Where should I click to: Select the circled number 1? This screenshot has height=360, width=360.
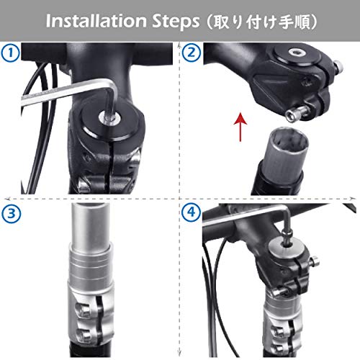tap(10, 53)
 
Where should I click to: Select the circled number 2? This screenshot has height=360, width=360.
tap(190, 53)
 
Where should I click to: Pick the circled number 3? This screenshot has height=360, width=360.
tap(10, 214)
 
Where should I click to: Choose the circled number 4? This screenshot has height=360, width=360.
tap(190, 214)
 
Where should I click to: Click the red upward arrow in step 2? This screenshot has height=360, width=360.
tap(237, 130)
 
